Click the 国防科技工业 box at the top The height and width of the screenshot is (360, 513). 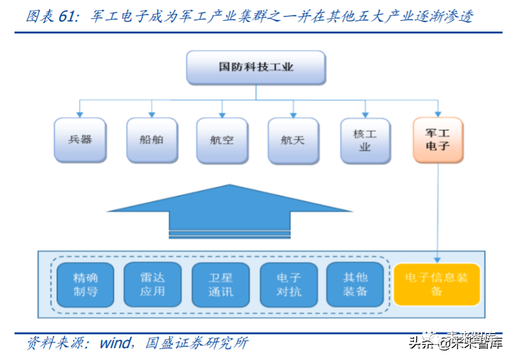click(x=256, y=67)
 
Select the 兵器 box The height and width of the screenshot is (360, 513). click(x=80, y=139)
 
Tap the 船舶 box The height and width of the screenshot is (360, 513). click(x=151, y=139)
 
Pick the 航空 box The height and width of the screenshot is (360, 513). click(x=222, y=139)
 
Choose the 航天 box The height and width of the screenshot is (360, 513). click(x=293, y=139)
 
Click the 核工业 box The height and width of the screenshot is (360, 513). click(x=365, y=140)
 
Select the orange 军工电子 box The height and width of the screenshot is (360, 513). click(x=437, y=139)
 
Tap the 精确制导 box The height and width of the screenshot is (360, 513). click(x=85, y=284)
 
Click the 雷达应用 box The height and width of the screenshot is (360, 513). click(x=153, y=284)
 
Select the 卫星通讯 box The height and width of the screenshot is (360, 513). click(x=221, y=284)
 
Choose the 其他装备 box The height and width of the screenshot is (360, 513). click(x=355, y=284)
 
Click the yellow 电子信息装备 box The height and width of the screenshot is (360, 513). click(x=437, y=284)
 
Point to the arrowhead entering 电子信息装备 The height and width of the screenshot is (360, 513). click(x=437, y=258)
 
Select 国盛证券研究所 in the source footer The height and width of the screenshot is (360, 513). click(x=197, y=343)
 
